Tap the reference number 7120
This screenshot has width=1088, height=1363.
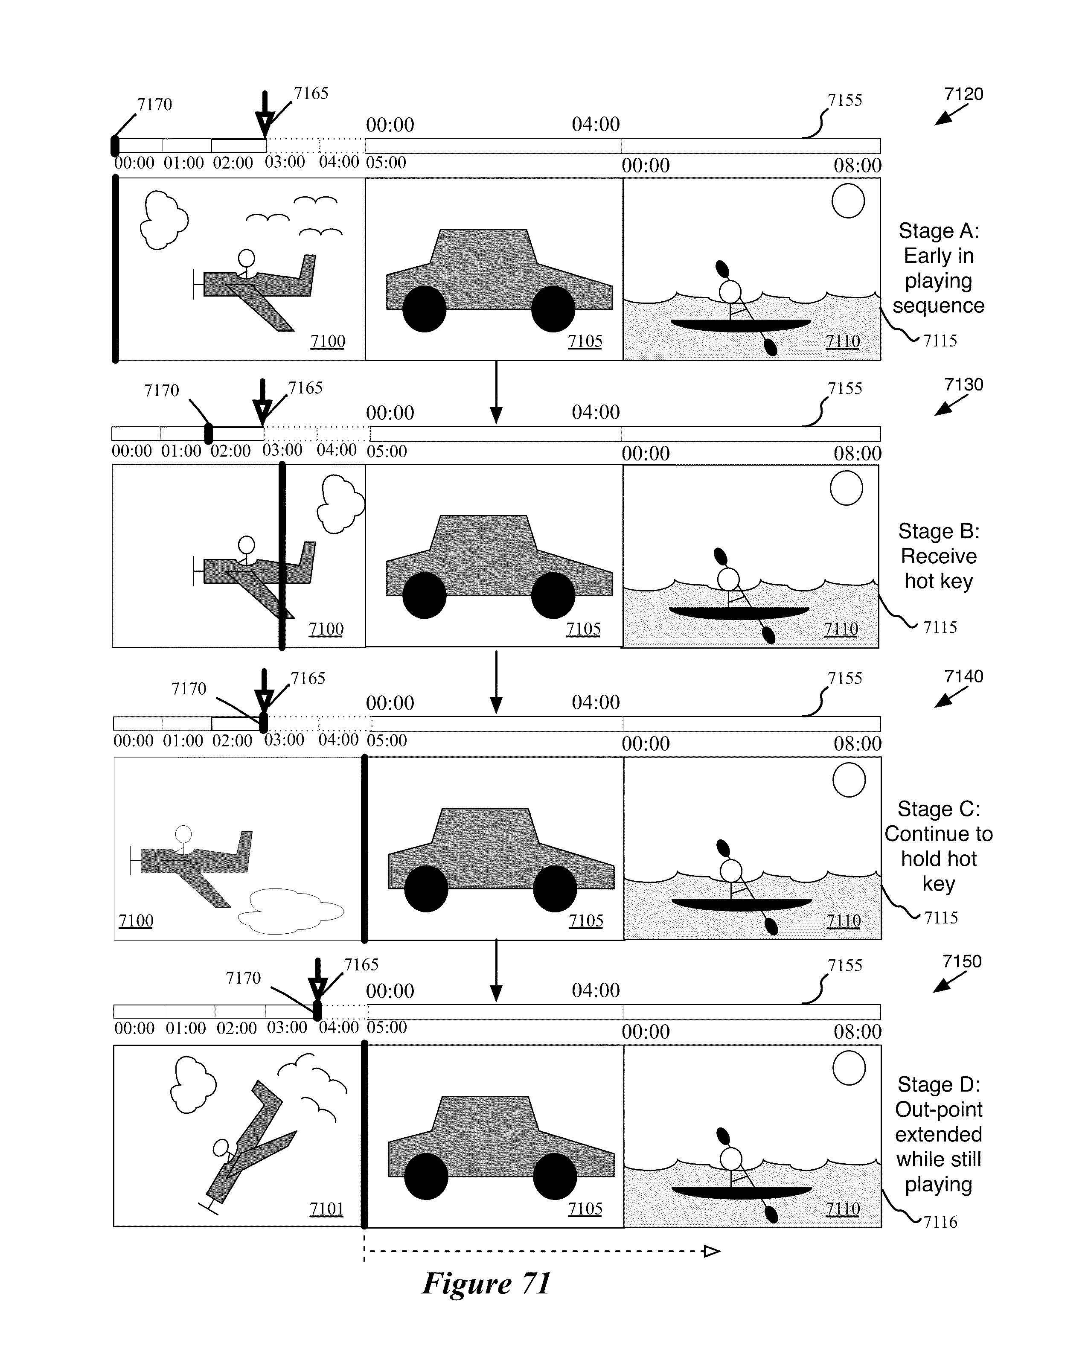(x=963, y=94)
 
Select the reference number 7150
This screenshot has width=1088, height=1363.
(x=962, y=961)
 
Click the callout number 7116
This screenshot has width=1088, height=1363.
(x=940, y=1222)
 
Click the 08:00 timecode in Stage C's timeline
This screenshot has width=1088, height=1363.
(x=857, y=743)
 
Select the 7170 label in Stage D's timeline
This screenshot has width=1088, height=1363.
(x=243, y=978)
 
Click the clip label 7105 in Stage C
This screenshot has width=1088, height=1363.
(x=585, y=920)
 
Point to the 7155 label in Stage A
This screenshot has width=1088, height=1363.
(x=845, y=100)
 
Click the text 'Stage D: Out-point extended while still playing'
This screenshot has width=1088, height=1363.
(x=938, y=1134)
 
